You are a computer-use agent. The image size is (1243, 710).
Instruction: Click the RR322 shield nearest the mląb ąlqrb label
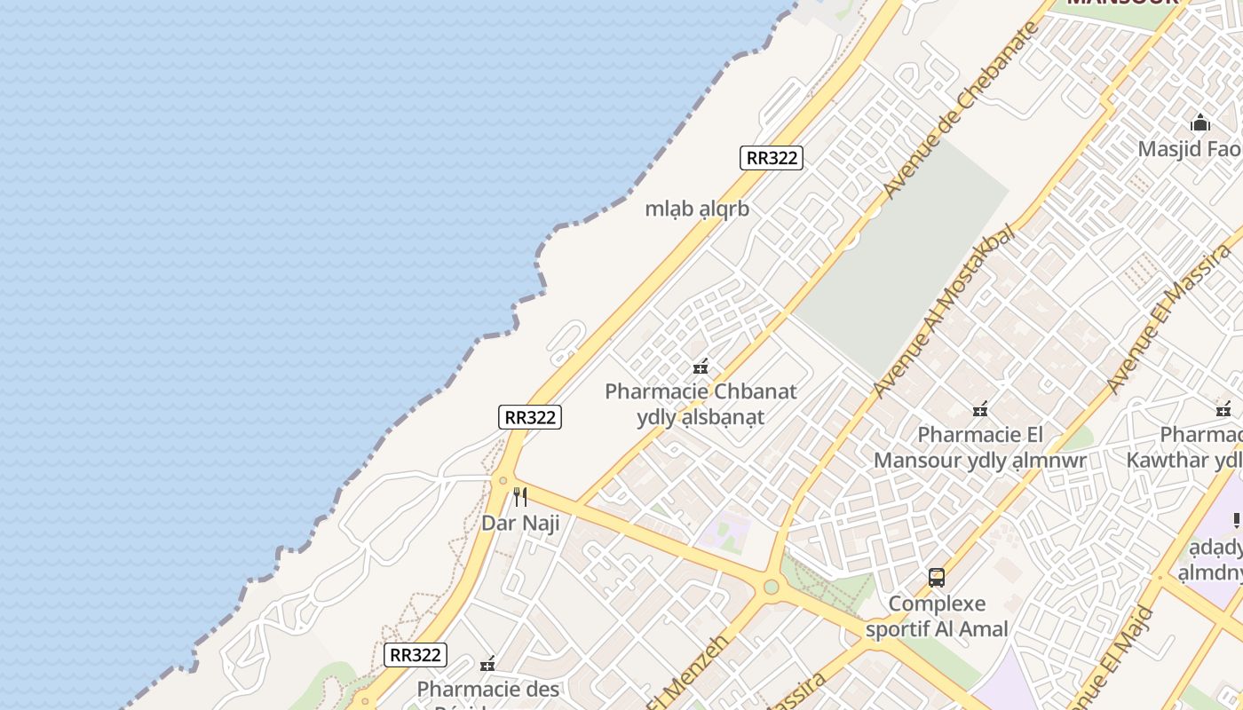(x=771, y=158)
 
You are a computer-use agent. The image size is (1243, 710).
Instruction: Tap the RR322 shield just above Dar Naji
(x=530, y=417)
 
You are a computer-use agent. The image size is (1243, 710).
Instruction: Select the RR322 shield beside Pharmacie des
(x=416, y=655)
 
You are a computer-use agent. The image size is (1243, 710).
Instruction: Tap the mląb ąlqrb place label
(x=697, y=209)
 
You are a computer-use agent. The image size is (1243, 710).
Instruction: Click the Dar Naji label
(x=520, y=523)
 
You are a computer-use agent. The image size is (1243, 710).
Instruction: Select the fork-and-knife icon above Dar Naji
(x=520, y=497)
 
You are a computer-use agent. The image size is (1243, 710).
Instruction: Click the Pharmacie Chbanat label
(x=701, y=391)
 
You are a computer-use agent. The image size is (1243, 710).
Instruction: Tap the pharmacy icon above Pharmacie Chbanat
(x=701, y=366)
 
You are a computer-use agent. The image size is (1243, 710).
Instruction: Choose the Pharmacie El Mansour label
(x=980, y=447)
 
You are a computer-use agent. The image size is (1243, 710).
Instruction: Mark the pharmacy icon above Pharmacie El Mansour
(x=980, y=409)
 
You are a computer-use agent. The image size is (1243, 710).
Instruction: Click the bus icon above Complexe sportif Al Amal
(x=936, y=578)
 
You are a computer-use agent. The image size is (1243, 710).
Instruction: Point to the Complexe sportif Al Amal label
(x=937, y=617)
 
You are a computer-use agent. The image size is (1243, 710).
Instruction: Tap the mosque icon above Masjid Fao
(x=1200, y=122)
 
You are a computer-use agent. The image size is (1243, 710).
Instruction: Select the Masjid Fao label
(x=1190, y=148)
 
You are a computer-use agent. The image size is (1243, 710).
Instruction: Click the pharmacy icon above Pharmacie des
(x=487, y=663)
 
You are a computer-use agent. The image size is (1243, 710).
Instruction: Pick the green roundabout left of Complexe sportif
(x=771, y=587)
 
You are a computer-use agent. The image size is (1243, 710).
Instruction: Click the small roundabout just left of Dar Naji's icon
(x=503, y=480)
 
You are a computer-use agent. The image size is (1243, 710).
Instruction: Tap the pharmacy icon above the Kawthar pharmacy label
(x=1223, y=409)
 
